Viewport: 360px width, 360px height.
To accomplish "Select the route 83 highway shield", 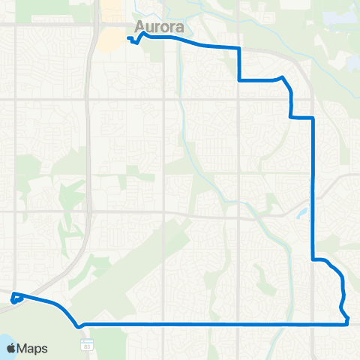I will point(86,343).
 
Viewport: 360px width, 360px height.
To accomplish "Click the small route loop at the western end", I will point(15,300).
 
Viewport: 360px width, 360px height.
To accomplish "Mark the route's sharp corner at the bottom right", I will point(349,323).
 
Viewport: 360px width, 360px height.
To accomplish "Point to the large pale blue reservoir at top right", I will point(337,19).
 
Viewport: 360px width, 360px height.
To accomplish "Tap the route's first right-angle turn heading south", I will point(239,48).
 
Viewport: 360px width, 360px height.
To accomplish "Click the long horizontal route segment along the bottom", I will point(210,324).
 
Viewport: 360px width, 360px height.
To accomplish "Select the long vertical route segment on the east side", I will point(312,187).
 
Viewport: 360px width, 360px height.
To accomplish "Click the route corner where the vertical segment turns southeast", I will point(313,259).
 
